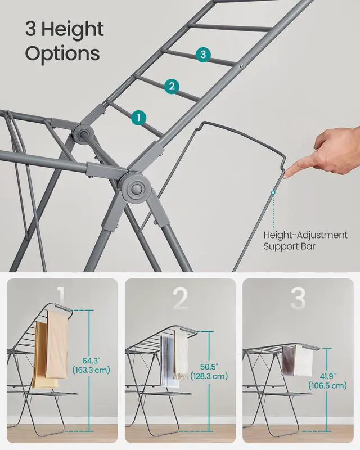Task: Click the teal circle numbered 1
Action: (139, 118)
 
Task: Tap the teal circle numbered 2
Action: (172, 86)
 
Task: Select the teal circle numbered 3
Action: (203, 54)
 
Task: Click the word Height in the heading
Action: (73, 30)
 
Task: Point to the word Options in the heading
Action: (62, 53)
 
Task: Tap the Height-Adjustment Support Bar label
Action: (305, 241)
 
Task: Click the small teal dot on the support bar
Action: (273, 192)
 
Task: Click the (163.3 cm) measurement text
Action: (91, 370)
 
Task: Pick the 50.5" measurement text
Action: (209, 367)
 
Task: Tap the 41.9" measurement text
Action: (327, 376)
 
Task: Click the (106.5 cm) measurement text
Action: (327, 385)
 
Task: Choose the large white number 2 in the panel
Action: (181, 299)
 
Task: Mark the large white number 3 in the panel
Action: (298, 299)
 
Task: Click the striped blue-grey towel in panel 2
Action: (167, 361)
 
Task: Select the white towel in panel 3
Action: (304, 361)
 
